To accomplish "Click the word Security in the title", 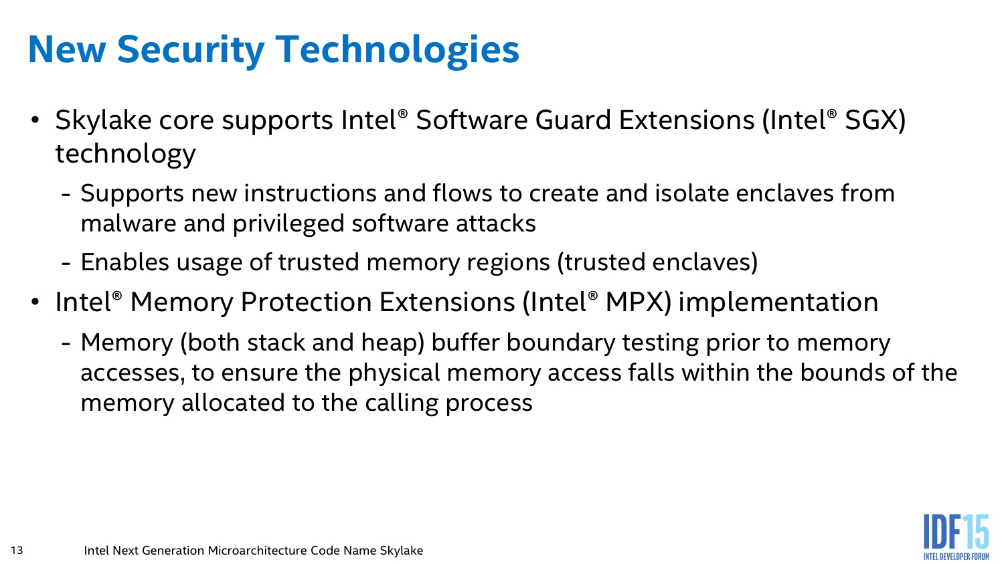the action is click(x=191, y=51).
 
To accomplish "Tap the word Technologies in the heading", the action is click(x=398, y=51).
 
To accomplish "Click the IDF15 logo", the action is click(x=956, y=537).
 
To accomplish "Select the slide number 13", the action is click(x=17, y=550).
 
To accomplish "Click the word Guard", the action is click(x=573, y=120).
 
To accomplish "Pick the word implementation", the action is click(x=778, y=302).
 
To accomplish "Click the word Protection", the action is click(x=306, y=302).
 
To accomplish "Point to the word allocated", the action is click(x=233, y=403).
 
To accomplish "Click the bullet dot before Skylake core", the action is click(x=35, y=120).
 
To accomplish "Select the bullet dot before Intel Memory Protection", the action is click(x=35, y=302).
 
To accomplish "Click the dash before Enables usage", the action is click(x=66, y=264).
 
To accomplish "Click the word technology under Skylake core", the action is click(x=126, y=154).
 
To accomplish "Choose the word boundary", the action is click(x=561, y=343).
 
